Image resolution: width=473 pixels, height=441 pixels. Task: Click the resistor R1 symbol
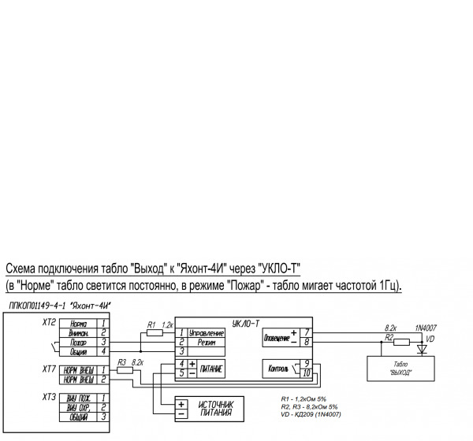pos(155,333)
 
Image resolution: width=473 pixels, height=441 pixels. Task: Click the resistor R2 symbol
pos(402,342)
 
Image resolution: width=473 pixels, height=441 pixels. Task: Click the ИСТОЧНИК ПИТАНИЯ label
pos(216,407)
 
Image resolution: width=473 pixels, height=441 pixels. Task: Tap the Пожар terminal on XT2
pos(78,343)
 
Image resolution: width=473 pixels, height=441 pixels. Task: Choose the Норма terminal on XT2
pos(78,324)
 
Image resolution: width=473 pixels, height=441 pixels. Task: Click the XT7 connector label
pos(49,368)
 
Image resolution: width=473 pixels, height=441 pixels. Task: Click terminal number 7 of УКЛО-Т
pos(307,332)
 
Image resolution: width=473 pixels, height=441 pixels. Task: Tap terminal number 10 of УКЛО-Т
pos(307,372)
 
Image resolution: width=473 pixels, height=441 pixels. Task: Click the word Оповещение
pos(275,336)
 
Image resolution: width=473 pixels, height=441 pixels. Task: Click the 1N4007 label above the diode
pos(426,326)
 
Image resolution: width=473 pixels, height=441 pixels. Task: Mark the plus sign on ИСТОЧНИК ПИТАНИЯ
pos(181,402)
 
